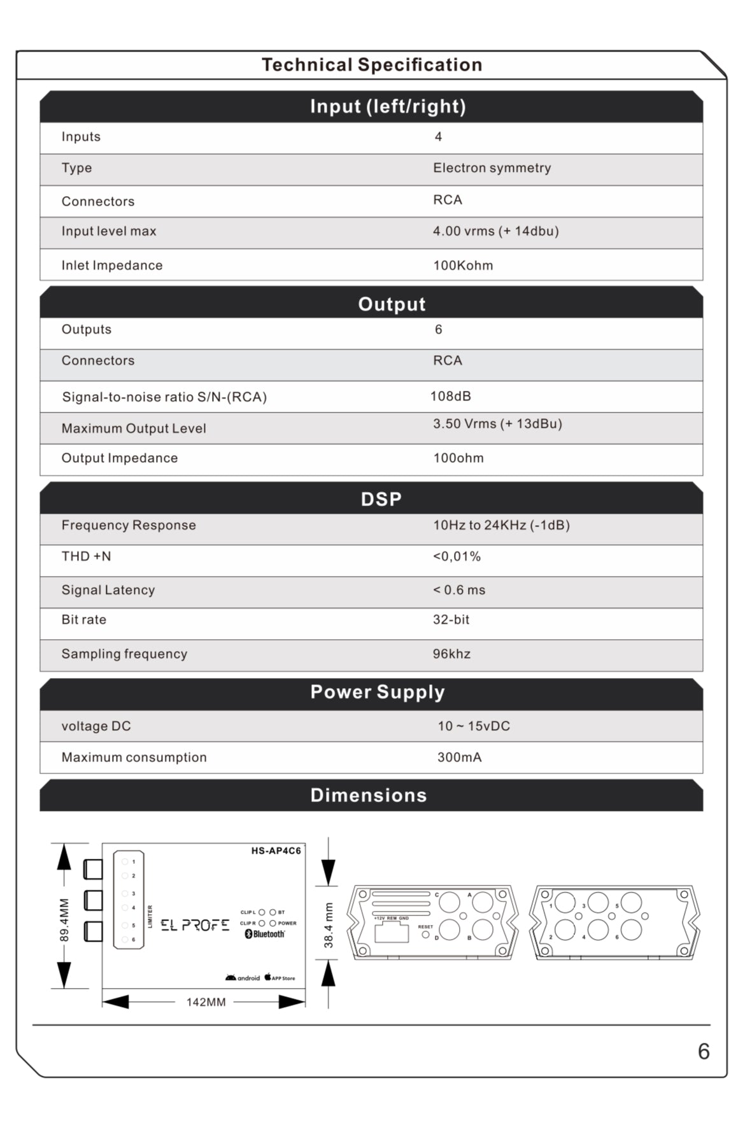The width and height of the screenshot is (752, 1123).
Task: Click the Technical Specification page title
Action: tap(372, 65)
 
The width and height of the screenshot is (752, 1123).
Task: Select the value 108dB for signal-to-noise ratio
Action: tap(450, 396)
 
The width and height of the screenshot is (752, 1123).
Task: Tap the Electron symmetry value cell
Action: tap(492, 168)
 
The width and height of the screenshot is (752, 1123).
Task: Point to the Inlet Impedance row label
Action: tap(111, 265)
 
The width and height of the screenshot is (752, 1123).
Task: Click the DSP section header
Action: tap(381, 499)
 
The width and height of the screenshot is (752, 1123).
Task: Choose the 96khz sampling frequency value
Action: tap(451, 654)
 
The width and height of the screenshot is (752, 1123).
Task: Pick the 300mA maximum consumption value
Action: tap(459, 758)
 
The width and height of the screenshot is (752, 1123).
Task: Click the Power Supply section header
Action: tap(377, 692)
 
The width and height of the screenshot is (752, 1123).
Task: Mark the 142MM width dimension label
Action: tap(206, 1002)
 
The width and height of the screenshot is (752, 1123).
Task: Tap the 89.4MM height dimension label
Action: tap(64, 920)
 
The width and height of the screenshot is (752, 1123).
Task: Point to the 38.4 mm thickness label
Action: tap(329, 925)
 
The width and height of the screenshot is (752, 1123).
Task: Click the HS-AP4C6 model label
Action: tap(276, 851)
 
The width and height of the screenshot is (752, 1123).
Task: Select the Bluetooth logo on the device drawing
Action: tap(265, 934)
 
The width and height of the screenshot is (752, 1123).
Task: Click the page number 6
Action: tap(703, 1051)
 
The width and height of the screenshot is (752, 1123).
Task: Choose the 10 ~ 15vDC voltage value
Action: tap(473, 726)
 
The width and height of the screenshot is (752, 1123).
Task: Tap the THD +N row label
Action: tap(86, 556)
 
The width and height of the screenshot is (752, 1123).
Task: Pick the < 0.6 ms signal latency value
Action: tap(458, 590)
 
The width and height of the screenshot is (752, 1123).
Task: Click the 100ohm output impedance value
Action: tap(458, 458)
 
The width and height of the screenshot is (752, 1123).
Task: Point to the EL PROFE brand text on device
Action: tap(194, 925)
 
